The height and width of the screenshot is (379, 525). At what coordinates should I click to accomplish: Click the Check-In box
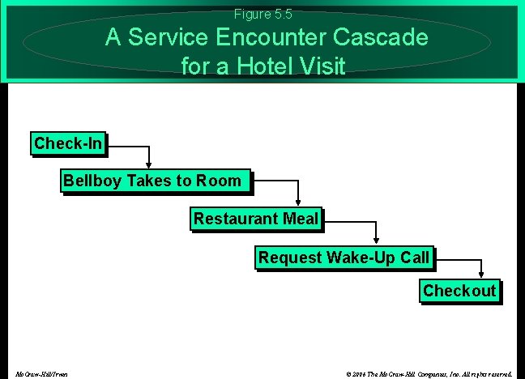pyautogui.click(x=69, y=144)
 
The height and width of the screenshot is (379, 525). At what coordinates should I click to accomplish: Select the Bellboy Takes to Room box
pyautogui.click(x=152, y=181)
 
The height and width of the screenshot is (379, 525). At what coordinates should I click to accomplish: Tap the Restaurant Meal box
pyautogui.click(x=255, y=219)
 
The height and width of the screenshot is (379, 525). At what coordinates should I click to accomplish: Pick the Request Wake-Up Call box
pyautogui.click(x=344, y=258)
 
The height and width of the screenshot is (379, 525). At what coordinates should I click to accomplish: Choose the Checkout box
pyautogui.click(x=459, y=291)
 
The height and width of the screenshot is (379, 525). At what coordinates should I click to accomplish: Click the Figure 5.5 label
pyautogui.click(x=262, y=14)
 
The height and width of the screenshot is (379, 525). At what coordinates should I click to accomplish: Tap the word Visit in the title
pyautogui.click(x=323, y=65)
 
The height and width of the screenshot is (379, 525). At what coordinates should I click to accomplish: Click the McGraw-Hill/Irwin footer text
pyautogui.click(x=41, y=374)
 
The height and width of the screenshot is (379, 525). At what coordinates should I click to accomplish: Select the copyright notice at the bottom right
pyautogui.click(x=429, y=374)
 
